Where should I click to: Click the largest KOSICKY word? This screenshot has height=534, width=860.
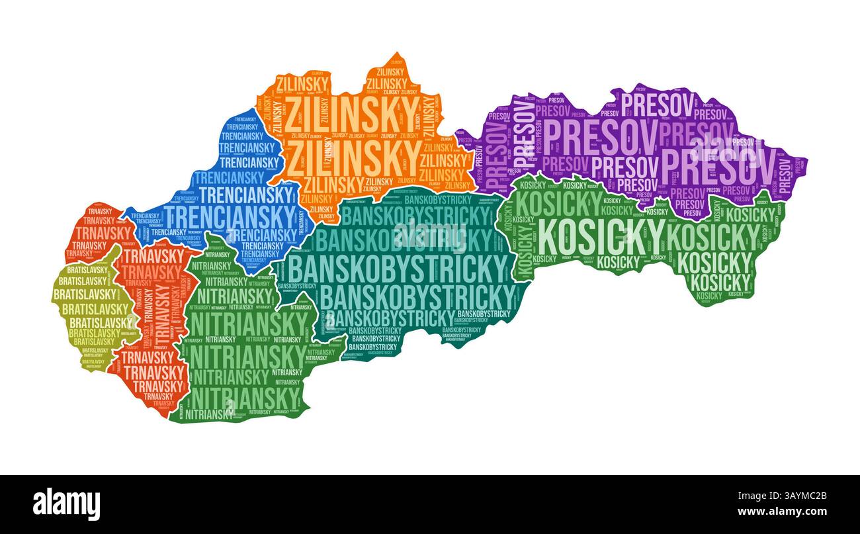point(601,236)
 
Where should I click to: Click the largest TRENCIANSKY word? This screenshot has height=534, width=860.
point(228,216)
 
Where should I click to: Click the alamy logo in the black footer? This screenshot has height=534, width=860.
point(66,504)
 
